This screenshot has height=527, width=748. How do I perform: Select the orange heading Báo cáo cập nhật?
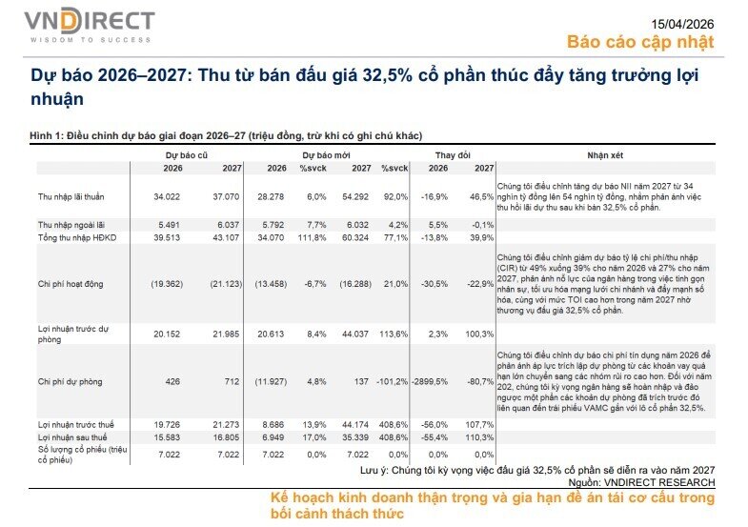coord(639,42)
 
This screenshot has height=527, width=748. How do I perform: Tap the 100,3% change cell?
coord(478,334)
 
